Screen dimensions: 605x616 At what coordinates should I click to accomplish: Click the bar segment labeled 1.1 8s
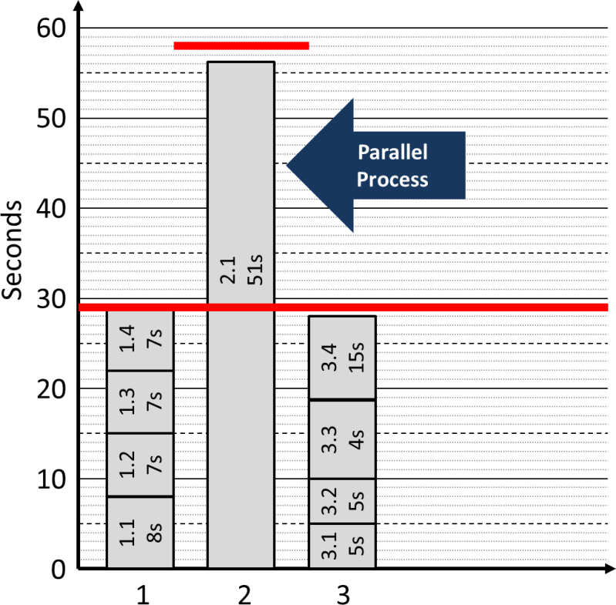140,533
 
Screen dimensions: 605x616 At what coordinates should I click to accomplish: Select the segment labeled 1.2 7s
140,465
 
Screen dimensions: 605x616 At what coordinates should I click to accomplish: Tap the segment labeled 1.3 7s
140,402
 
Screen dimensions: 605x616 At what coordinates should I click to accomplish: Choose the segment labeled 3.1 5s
342,546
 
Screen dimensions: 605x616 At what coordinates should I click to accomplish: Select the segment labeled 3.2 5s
342,501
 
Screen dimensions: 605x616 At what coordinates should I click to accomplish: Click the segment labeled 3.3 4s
342,439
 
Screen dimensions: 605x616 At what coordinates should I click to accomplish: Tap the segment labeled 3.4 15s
342,358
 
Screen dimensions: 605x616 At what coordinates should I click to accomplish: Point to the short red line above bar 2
241,46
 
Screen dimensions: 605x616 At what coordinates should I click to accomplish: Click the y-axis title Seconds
13,251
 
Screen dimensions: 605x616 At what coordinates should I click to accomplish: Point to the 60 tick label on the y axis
52,29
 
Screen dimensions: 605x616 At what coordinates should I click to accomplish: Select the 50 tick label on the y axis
52,119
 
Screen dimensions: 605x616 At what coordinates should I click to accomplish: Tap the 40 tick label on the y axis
52,209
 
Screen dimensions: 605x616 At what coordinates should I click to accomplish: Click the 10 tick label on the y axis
52,479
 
